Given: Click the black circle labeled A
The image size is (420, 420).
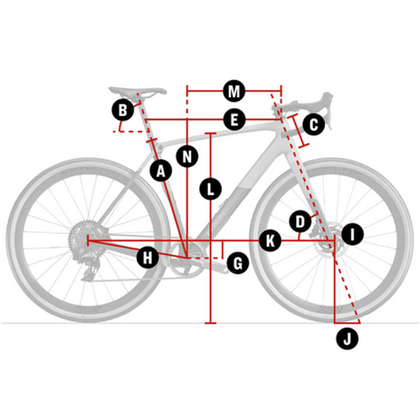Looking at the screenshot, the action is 161,171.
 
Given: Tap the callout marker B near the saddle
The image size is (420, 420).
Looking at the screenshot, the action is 123,110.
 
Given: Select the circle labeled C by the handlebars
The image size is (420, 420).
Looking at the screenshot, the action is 313,124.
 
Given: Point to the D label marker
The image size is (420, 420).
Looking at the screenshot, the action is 300,222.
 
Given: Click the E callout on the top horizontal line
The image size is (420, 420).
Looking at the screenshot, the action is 234,120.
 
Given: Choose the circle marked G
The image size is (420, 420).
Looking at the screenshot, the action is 238,264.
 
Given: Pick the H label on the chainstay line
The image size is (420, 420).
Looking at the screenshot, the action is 148,258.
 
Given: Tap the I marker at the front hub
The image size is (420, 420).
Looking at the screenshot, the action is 352,234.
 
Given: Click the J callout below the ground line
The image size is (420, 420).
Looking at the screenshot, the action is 347,339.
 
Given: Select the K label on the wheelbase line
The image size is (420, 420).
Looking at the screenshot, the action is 270,240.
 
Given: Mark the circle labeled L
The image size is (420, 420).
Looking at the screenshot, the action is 211,189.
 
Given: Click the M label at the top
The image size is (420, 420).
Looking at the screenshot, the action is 234,91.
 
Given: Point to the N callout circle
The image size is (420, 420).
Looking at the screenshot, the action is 187,156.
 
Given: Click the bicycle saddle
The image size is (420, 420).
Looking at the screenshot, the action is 138,91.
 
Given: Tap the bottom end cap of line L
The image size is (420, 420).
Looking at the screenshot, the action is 211,323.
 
